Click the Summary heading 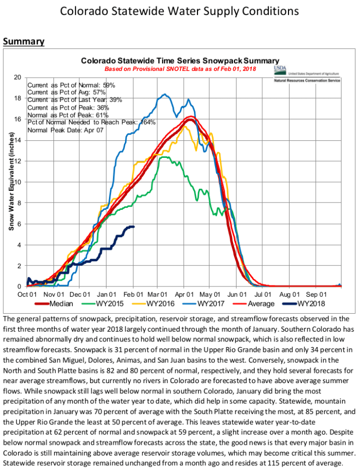click(24, 41)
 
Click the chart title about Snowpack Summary click(180, 61)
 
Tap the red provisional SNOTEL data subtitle click(180, 68)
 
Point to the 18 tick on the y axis click(17, 98)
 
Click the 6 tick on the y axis click(19, 224)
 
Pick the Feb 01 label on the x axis click(133, 295)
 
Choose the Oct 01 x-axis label click(27, 295)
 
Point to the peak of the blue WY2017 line click(164, 94)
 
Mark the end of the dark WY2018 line click(134, 227)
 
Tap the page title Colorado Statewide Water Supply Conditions click(180, 11)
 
